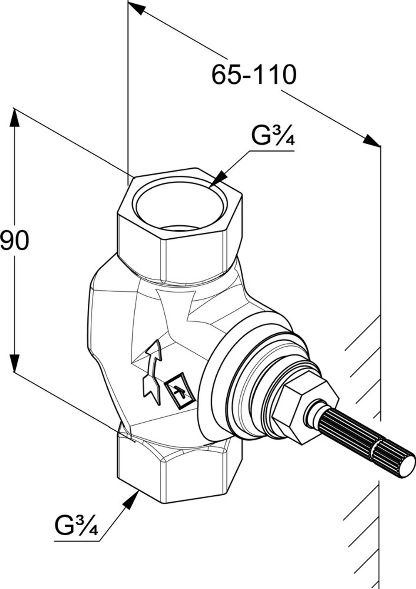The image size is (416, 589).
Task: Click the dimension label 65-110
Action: point(254,75)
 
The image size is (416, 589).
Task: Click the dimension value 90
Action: point(15,241)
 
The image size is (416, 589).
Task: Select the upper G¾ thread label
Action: point(273,136)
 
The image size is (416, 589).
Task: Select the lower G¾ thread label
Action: point(77,526)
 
